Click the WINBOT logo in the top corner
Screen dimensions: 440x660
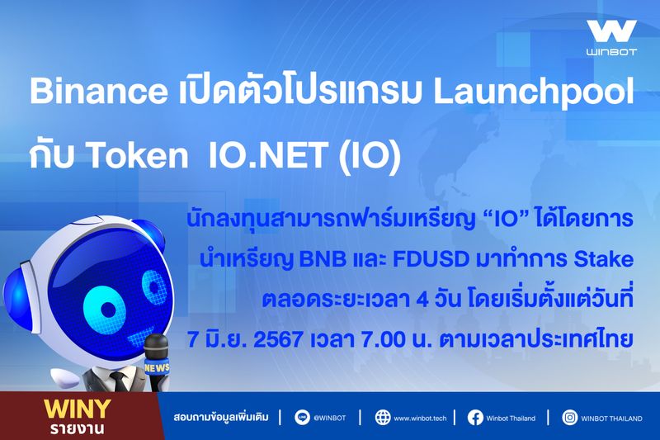[x=611, y=37]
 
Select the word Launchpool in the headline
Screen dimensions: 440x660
[x=556, y=93]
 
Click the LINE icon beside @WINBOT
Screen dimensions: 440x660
[x=299, y=418]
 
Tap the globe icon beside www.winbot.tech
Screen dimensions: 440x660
[x=382, y=418]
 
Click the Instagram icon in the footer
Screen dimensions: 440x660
[x=569, y=418]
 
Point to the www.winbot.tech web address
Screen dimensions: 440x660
[x=421, y=418]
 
